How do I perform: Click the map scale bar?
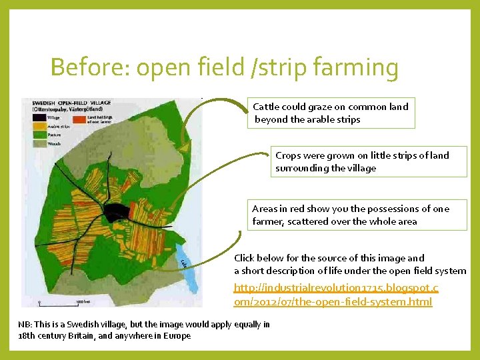61,303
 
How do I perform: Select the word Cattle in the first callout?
265,107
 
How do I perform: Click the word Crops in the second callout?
288,155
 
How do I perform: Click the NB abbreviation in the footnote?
24,325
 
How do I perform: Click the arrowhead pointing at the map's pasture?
184,143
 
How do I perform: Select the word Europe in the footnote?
178,336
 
